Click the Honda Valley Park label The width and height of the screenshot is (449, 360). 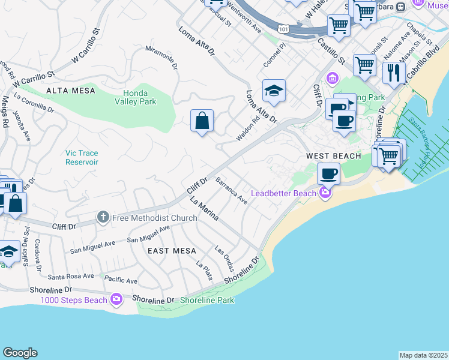click(x=139, y=97)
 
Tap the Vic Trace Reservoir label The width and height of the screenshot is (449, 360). click(x=82, y=158)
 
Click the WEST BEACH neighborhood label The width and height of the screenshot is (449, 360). click(x=334, y=156)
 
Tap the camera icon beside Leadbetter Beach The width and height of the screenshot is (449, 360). click(x=325, y=193)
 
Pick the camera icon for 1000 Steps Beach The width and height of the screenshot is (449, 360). click(x=116, y=299)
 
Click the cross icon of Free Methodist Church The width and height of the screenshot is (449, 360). click(x=103, y=217)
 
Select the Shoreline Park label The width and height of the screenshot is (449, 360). click(x=207, y=300)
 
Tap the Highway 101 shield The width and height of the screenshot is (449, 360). click(x=283, y=28)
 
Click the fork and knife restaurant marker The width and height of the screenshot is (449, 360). click(x=394, y=72)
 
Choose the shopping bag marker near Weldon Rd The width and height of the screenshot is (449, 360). click(x=202, y=121)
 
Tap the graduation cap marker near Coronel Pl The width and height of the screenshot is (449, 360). click(x=274, y=91)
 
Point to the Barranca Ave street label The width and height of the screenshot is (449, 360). click(x=231, y=190)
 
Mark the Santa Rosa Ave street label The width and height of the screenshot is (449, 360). click(x=71, y=276)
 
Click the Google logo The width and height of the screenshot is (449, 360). click(x=20, y=353)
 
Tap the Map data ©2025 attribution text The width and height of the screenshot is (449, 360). click(x=423, y=355)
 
